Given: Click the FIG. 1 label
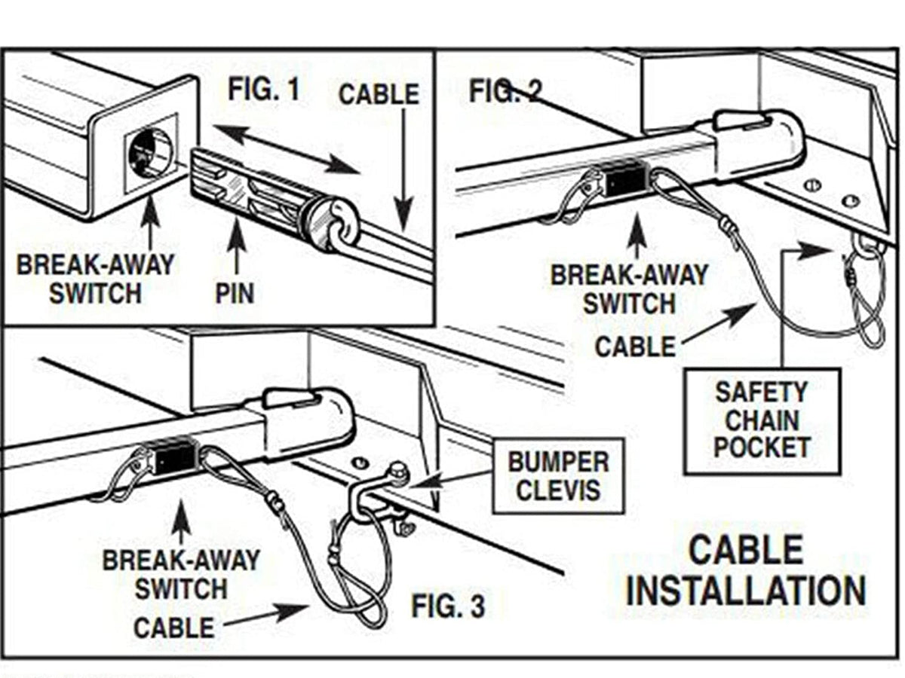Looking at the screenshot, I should (263, 90).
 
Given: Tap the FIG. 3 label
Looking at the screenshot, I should (448, 605).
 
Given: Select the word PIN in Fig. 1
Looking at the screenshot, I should (235, 292).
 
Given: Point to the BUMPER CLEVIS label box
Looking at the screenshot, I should (558, 476).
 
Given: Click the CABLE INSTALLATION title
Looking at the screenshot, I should (746, 570).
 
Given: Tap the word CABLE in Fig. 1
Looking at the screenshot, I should (379, 95).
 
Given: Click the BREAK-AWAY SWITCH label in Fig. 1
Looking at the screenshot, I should (96, 278).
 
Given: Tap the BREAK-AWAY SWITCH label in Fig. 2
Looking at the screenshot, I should (629, 289).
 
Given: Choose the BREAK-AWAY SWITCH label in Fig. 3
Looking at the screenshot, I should (181, 574).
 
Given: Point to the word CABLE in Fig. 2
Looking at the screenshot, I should (635, 347).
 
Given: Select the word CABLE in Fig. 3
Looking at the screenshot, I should (173, 627).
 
